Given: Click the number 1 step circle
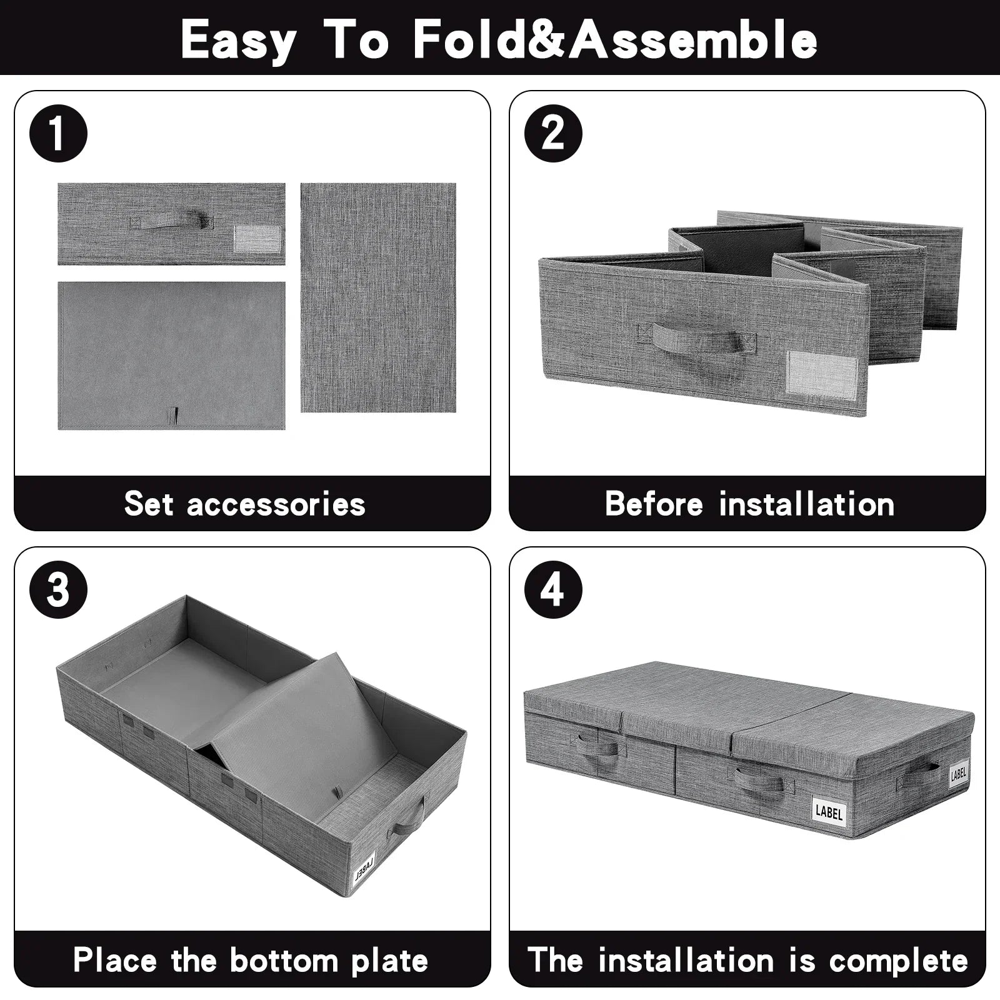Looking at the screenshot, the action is (58, 133).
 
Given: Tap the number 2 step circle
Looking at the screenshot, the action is (553, 133).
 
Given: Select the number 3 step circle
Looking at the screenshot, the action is (58, 589).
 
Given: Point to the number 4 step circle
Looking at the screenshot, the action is (553, 589).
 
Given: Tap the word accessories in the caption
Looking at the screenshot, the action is (276, 504).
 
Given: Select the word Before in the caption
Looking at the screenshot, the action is (654, 503).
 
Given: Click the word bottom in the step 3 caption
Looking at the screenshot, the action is (284, 960).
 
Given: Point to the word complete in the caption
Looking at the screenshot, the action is (899, 961).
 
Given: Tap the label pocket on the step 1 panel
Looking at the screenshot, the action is (257, 238).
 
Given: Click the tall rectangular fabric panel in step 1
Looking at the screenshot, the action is (378, 297).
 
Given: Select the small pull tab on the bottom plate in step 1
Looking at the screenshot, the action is (176, 415).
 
